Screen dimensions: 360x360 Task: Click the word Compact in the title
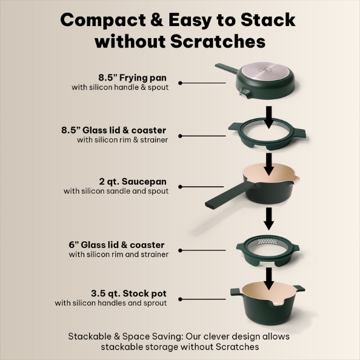[103, 20]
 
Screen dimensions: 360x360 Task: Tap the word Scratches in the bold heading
[218, 41]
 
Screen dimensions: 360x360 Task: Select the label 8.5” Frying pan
[133, 78]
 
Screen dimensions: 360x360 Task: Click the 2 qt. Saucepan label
[133, 182]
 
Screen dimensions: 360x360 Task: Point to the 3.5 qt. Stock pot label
[129, 293]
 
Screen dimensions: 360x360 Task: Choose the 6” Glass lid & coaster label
[116, 245]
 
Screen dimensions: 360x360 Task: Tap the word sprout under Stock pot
[155, 303]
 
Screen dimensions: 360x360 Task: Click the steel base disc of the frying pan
[266, 71]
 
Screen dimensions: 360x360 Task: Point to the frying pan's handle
[227, 68]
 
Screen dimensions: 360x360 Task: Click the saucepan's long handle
[230, 196]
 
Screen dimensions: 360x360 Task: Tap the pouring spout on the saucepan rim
[296, 179]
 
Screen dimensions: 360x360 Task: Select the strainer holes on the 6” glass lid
[268, 241]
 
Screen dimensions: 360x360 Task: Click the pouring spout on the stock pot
[278, 304]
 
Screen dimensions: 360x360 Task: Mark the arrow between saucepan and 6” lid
[269, 219]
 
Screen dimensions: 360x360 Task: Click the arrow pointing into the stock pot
[269, 279]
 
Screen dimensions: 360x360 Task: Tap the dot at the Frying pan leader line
[180, 83]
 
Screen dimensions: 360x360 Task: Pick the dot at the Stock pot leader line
[180, 299]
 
